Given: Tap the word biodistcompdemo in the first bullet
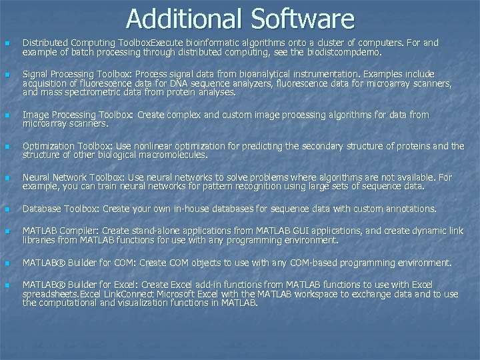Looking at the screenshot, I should pos(346,52).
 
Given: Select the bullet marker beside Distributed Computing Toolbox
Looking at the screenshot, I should pos(7,43).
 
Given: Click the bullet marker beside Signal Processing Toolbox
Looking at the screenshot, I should pos(7,75).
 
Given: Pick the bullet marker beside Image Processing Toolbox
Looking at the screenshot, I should pos(7,115).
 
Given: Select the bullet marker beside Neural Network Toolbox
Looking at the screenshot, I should pos(7,178).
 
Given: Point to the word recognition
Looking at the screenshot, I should pos(260,186).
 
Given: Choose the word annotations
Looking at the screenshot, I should pos(408,209).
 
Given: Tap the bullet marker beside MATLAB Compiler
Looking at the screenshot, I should pos(7,231).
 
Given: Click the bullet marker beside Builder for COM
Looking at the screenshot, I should pos(7,263).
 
